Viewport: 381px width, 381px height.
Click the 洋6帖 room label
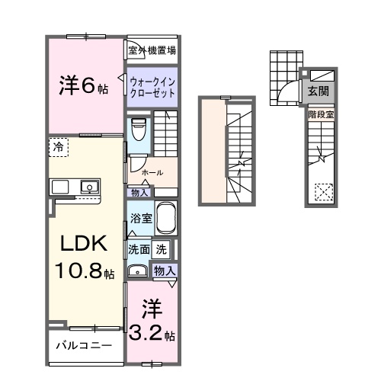[x=84, y=87]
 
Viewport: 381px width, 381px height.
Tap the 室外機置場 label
[x=152, y=51]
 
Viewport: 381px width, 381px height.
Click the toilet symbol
[x=138, y=130]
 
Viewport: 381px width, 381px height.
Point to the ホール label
[x=152, y=172]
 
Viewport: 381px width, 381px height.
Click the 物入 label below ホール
[x=139, y=193]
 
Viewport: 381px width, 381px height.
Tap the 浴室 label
[x=139, y=217]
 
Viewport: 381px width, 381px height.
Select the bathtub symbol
[x=165, y=219]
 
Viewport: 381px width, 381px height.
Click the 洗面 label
[x=139, y=248]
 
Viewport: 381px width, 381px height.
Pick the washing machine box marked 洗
[x=162, y=248]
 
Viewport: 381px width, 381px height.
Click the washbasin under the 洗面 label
[x=139, y=271]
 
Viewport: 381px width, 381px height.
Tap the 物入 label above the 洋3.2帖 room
[x=165, y=271]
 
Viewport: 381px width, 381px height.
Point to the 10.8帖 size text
[x=84, y=271]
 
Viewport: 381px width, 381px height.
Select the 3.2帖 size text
[x=152, y=334]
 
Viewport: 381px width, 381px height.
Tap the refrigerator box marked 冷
[x=59, y=146]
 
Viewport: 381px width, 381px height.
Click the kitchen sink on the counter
[x=89, y=186]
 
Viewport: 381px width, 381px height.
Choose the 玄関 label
[x=319, y=91]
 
